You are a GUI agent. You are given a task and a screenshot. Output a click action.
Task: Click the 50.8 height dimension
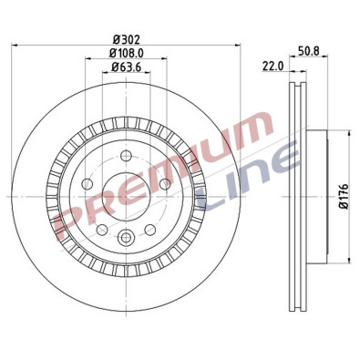pos(304,52)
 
